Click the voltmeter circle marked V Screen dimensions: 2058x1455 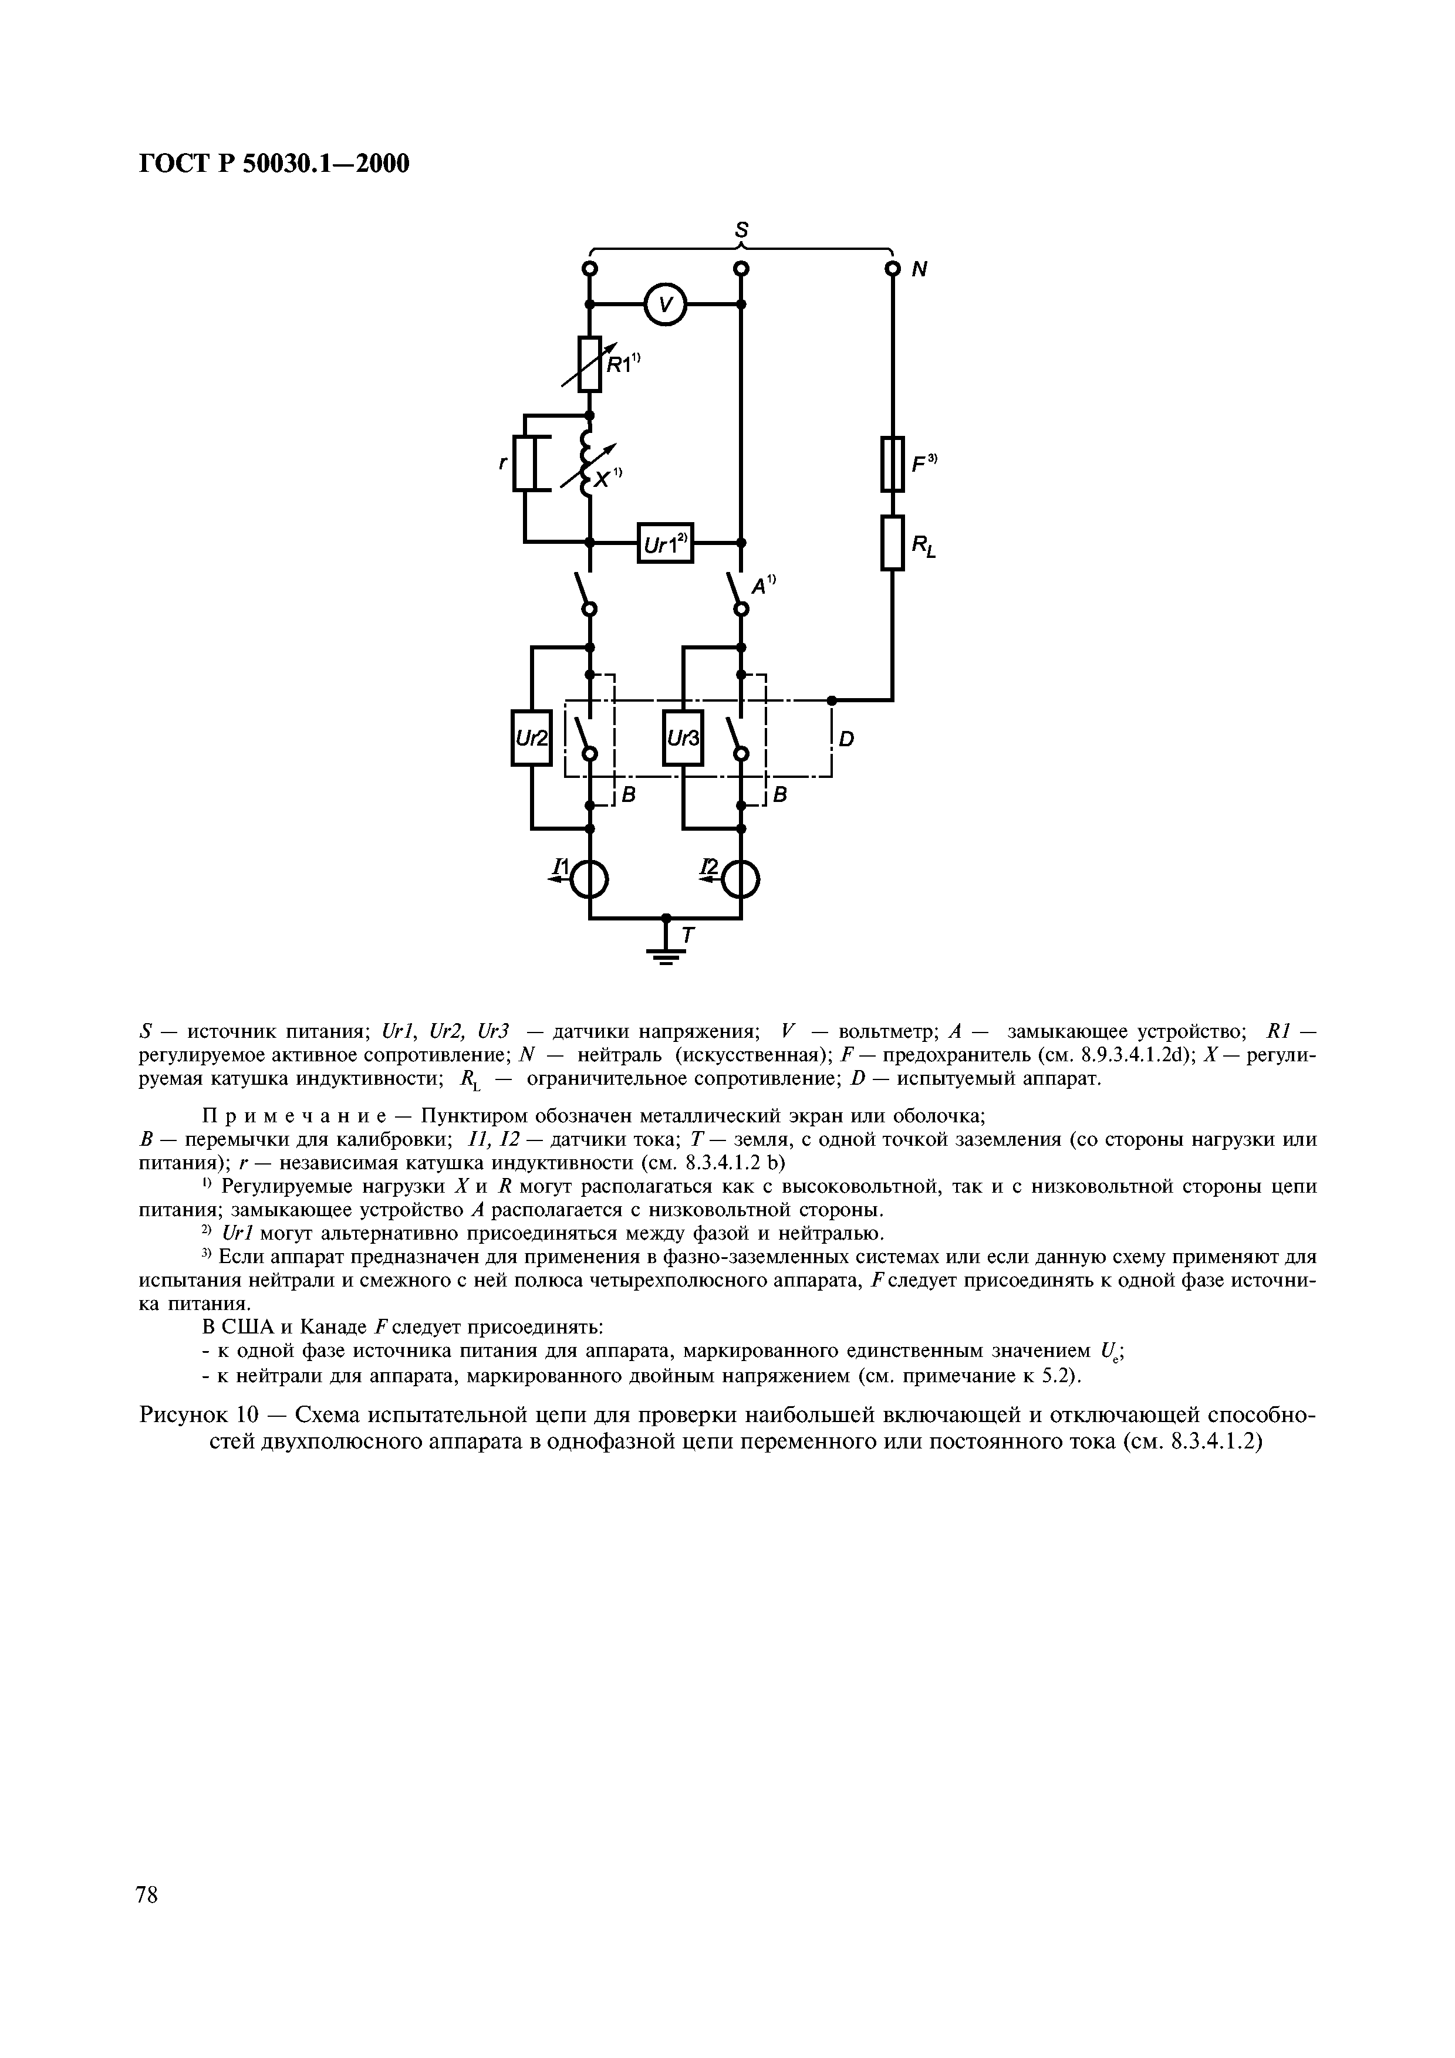(x=664, y=306)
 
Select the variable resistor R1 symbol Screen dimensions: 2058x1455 (x=589, y=363)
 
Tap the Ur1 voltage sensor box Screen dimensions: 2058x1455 (x=665, y=542)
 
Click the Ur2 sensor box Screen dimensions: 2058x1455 (x=531, y=737)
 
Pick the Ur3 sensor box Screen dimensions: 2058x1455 (x=682, y=737)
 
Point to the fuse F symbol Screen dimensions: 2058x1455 (x=892, y=463)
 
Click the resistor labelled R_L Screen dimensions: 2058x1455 (x=892, y=542)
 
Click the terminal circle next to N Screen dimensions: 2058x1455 (x=892, y=269)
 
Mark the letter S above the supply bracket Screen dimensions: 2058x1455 (x=741, y=228)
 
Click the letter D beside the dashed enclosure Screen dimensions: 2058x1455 (x=847, y=739)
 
